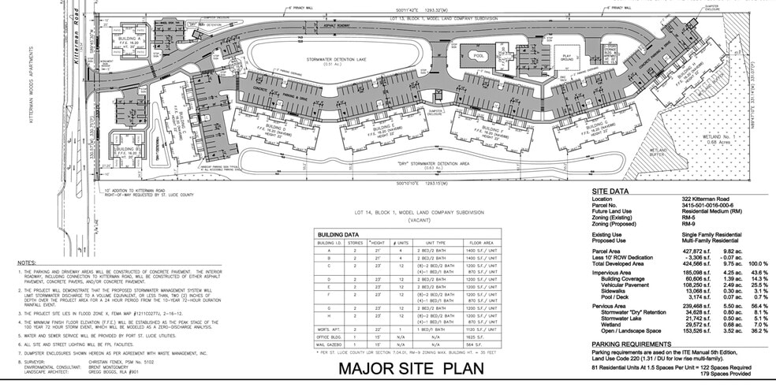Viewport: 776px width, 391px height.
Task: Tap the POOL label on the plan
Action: tap(478, 56)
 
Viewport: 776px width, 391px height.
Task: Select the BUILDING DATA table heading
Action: tap(338, 235)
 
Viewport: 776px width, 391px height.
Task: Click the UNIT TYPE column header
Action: tap(435, 243)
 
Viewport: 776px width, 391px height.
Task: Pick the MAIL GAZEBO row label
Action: tap(330, 344)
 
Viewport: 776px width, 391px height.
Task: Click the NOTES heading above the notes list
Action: tap(26, 261)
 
